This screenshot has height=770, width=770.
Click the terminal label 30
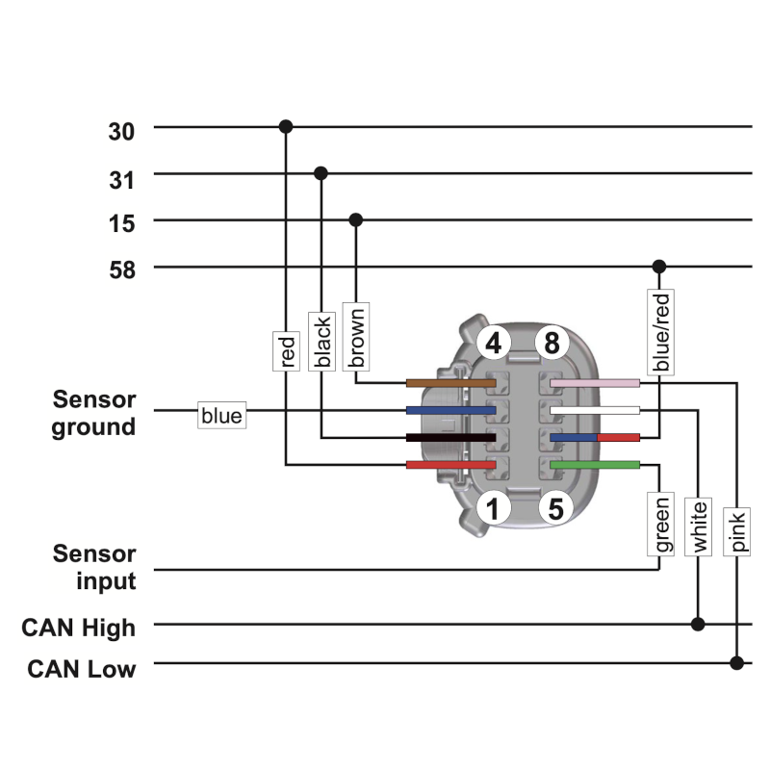pyautogui.click(x=121, y=132)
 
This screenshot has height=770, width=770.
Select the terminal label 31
pyautogui.click(x=121, y=180)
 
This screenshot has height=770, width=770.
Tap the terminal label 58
pyautogui.click(x=122, y=270)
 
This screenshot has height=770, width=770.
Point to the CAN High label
pyautogui.click(x=78, y=628)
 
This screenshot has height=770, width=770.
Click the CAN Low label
pyautogui.click(x=82, y=669)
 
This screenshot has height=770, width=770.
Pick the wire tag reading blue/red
pyautogui.click(x=660, y=332)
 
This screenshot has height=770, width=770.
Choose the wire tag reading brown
pyautogui.click(x=356, y=337)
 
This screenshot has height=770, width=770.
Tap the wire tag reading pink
pyautogui.click(x=736, y=532)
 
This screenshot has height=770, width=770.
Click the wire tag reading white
pyautogui.click(x=698, y=526)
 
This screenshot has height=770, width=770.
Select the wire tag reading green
pyautogui.click(x=660, y=524)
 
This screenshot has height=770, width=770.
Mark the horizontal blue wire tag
pyautogui.click(x=222, y=416)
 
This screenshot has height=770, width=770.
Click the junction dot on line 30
pyautogui.click(x=286, y=127)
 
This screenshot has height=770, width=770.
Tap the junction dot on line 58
pyautogui.click(x=659, y=267)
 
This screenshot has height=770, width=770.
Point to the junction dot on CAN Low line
pyautogui.click(x=736, y=663)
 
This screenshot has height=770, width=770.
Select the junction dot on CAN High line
pyautogui.click(x=698, y=624)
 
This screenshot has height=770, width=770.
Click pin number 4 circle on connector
pyautogui.click(x=494, y=343)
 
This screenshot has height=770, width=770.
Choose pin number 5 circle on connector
pyautogui.click(x=556, y=508)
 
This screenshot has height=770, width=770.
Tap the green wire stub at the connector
pyautogui.click(x=595, y=465)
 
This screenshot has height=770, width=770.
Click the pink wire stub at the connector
pyautogui.click(x=595, y=383)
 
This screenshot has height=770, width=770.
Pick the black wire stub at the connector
pyautogui.click(x=450, y=438)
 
